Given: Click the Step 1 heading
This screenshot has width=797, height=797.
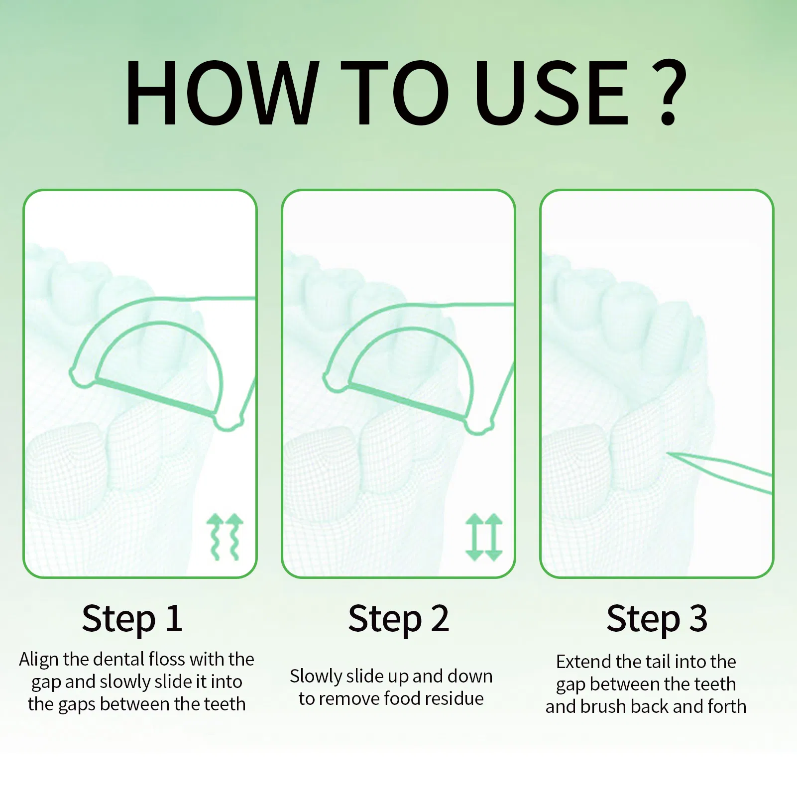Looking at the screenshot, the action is [132, 619].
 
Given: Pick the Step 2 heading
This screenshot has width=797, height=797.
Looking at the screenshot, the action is [398, 619].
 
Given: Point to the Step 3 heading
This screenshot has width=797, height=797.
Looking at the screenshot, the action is [657, 619].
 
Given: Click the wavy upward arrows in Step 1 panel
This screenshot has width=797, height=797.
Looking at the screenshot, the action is [225, 537].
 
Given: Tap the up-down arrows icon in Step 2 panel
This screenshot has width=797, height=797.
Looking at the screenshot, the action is [484, 537].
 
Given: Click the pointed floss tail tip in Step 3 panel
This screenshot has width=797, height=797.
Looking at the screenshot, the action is [668, 454].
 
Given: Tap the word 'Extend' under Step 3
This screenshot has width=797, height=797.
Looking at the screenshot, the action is [583, 662].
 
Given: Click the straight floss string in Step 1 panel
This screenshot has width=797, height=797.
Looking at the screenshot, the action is [156, 397].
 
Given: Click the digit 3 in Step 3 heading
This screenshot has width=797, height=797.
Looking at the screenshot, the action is [698, 619].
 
